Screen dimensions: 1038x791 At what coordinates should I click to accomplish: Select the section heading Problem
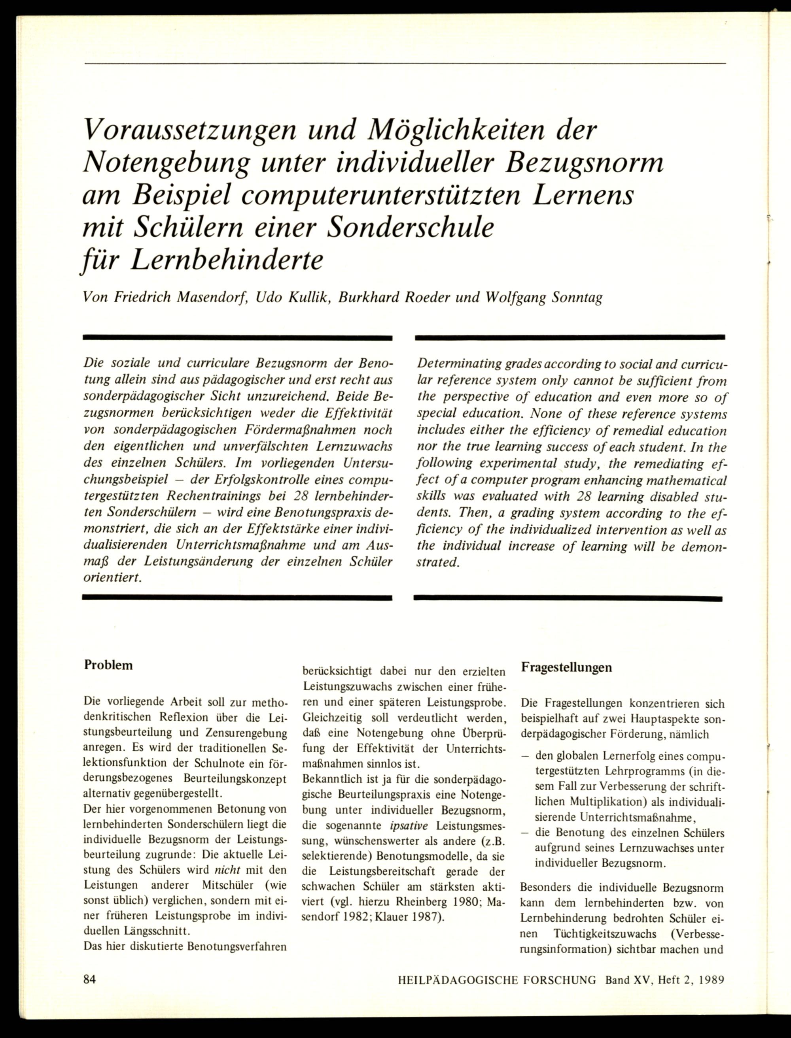click(x=108, y=665)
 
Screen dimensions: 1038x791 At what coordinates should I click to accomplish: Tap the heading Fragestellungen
click(x=566, y=667)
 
